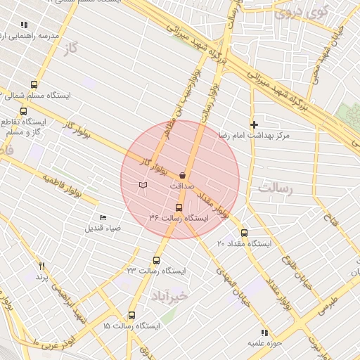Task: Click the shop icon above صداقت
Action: click(x=183, y=175)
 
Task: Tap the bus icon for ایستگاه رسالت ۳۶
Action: click(x=179, y=207)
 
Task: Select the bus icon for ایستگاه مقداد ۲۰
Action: click(x=244, y=233)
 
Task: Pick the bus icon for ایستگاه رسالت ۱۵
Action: click(x=131, y=316)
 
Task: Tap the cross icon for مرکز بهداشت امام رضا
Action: click(x=255, y=124)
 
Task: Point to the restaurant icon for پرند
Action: click(x=41, y=266)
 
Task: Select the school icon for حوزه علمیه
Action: click(x=264, y=333)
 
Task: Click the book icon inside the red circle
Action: click(x=143, y=185)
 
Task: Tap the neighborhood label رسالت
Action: click(x=275, y=188)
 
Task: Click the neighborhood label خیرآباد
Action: click(x=169, y=296)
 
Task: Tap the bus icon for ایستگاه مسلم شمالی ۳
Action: click(x=34, y=84)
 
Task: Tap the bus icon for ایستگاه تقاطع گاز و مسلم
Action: click(x=24, y=110)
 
